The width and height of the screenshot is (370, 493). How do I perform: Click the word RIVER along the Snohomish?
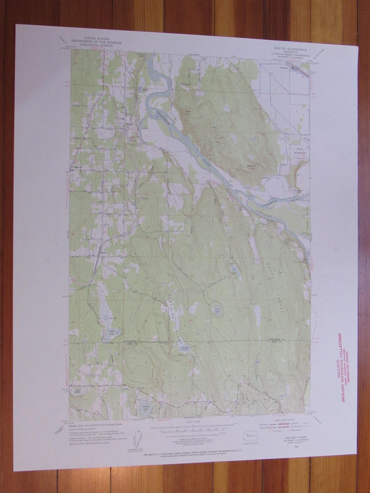click(x=207, y=161)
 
